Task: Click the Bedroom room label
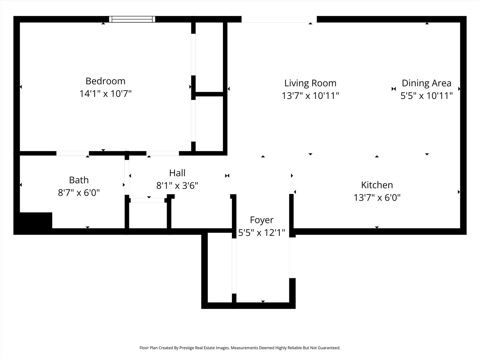pyautogui.click(x=105, y=81)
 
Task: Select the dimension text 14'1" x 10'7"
pyautogui.click(x=105, y=94)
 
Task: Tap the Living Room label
pyautogui.click(x=310, y=83)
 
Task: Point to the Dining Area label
pyautogui.click(x=426, y=83)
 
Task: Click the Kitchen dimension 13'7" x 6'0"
pyautogui.click(x=377, y=198)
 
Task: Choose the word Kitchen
pyautogui.click(x=377, y=185)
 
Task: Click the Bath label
pyautogui.click(x=79, y=180)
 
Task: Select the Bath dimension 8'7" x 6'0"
pyautogui.click(x=79, y=193)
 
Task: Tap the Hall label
pyautogui.click(x=177, y=173)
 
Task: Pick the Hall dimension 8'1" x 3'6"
pyautogui.click(x=177, y=186)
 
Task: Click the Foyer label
pyautogui.click(x=262, y=220)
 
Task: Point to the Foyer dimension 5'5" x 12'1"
pyautogui.click(x=262, y=233)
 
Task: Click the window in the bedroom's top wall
pyautogui.click(x=132, y=19)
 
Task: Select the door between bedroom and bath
pyautogui.click(x=72, y=153)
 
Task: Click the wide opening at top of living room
pyautogui.click(x=279, y=20)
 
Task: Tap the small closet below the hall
pyautogui.click(x=148, y=215)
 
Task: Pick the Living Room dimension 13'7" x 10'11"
pyautogui.click(x=310, y=96)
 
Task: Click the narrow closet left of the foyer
pyautogui.click(x=220, y=267)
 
